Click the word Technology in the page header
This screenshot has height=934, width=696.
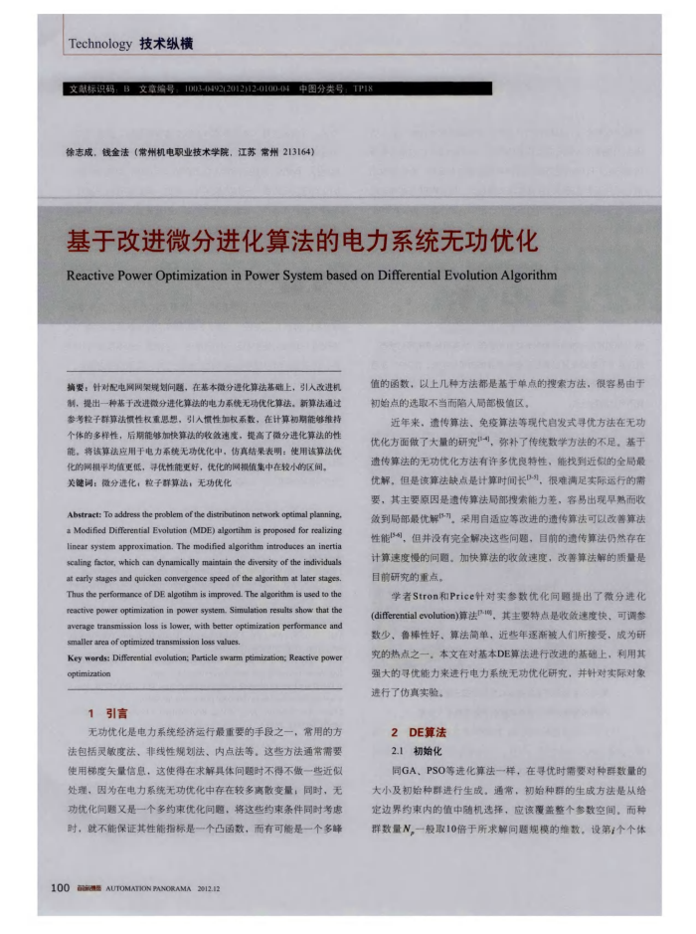(100, 44)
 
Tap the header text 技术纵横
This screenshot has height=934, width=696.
(166, 44)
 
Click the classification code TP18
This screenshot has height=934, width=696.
(362, 90)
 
